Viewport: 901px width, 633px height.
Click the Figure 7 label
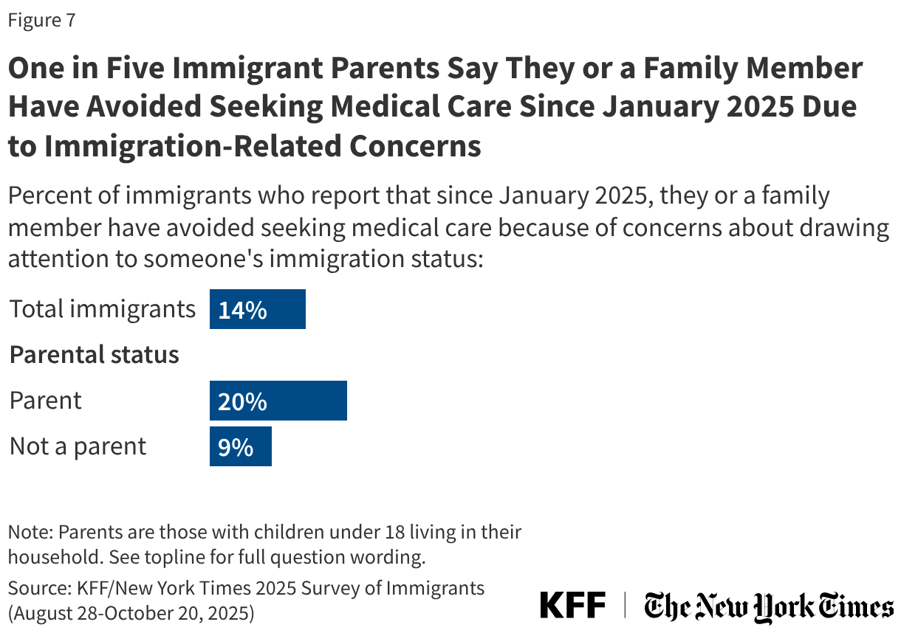point(41,20)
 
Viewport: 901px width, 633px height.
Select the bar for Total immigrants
point(257,309)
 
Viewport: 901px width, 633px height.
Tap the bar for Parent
point(278,401)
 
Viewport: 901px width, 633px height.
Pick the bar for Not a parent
point(240,447)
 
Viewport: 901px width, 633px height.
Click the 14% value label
point(242,310)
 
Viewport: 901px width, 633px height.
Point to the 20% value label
point(242,402)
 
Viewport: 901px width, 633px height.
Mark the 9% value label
point(236,448)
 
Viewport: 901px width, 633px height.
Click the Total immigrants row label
point(102,309)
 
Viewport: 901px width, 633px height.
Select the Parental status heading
point(94,355)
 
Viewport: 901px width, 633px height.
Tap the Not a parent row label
point(78,446)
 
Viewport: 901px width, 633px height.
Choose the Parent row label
point(45,401)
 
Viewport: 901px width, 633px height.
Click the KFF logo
point(572,606)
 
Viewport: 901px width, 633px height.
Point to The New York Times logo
point(768,606)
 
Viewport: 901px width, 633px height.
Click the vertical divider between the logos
point(626,606)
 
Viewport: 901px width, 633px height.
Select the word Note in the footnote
point(29,532)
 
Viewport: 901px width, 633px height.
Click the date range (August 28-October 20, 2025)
point(131,612)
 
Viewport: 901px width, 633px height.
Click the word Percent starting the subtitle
point(49,197)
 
